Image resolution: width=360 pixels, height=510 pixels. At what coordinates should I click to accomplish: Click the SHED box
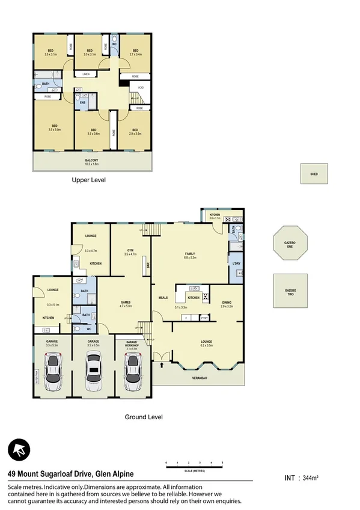(314, 174)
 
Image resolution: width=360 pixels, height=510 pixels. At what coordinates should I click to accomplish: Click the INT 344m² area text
(301, 478)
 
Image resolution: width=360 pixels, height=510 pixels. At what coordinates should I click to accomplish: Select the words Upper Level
(89, 180)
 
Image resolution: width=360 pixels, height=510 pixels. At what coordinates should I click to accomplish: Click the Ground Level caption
(144, 417)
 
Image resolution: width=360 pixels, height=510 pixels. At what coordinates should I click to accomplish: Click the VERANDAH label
(200, 378)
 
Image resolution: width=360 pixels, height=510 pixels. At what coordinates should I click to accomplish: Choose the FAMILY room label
(190, 254)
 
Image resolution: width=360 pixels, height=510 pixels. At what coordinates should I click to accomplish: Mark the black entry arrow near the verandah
(162, 363)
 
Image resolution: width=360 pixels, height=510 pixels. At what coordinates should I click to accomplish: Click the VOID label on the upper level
(140, 87)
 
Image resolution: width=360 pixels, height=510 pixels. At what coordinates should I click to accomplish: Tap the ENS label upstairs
(82, 102)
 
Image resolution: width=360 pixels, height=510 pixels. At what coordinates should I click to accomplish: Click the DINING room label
(226, 303)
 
